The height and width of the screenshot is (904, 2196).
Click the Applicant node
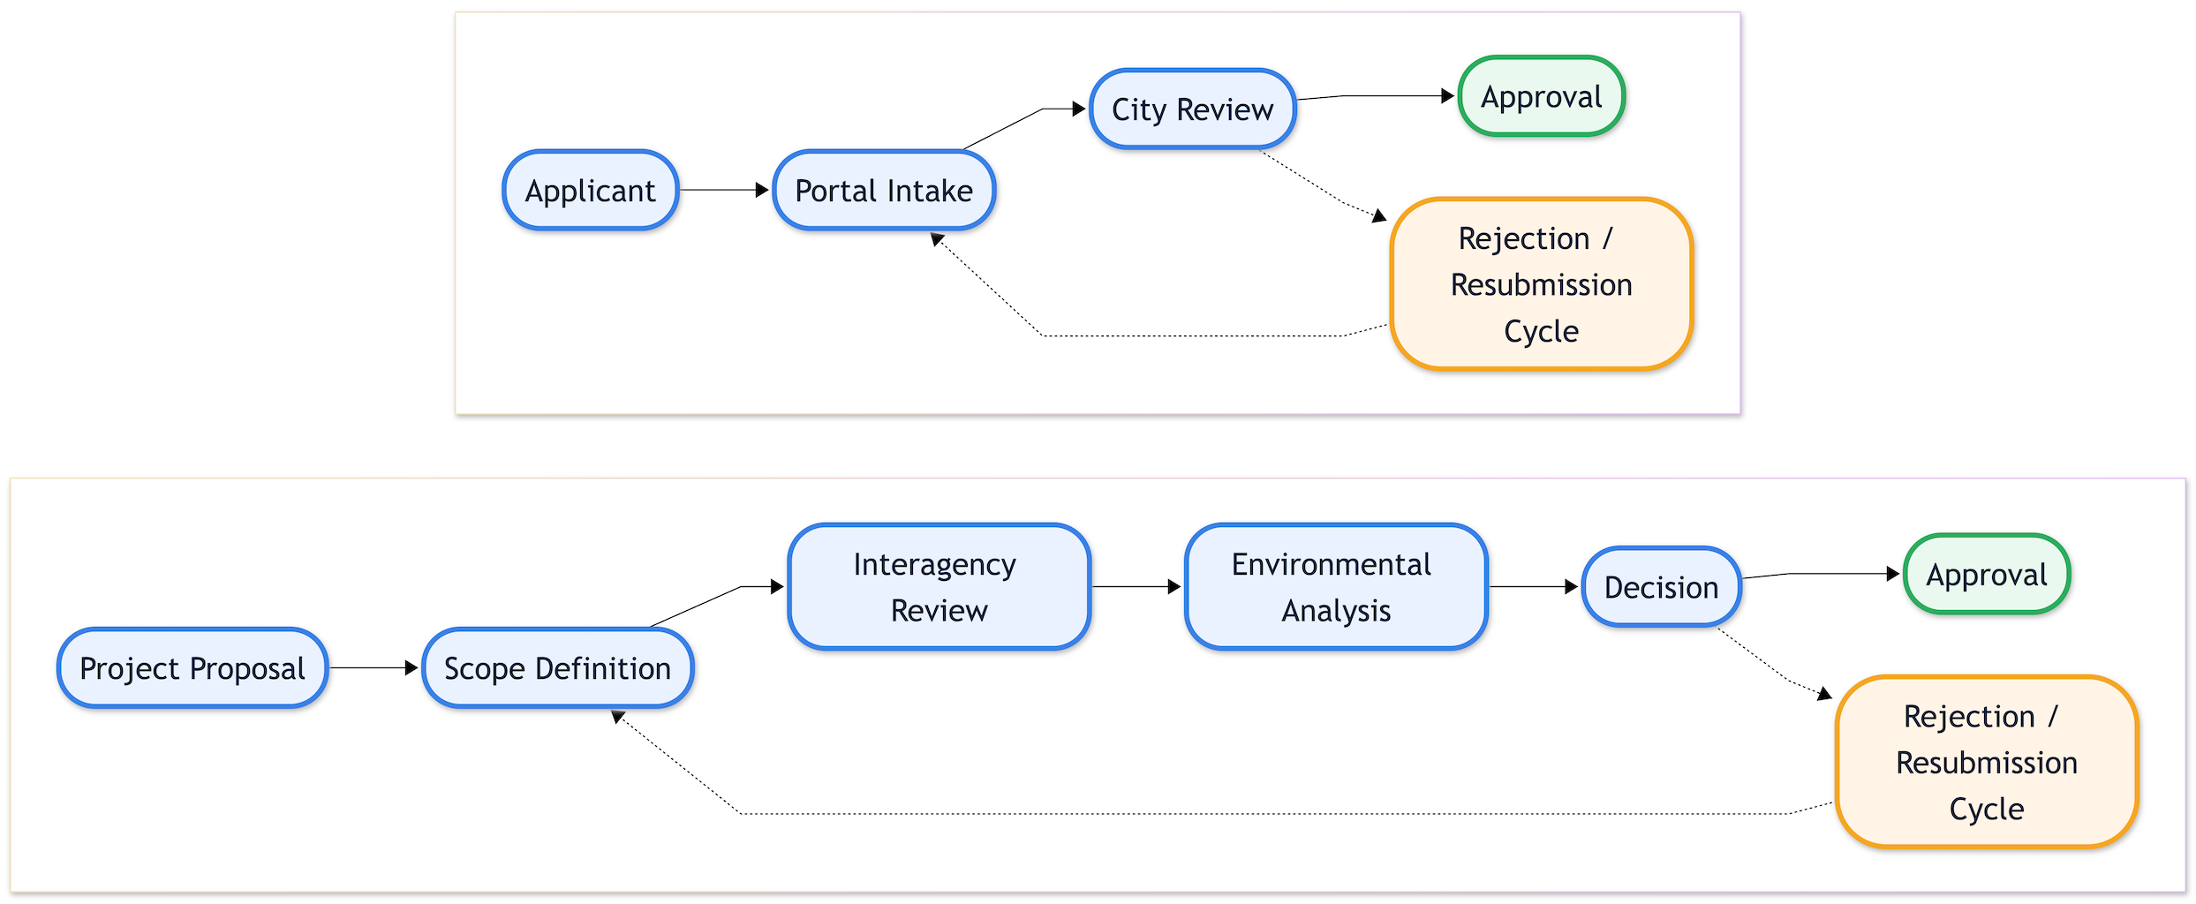590,191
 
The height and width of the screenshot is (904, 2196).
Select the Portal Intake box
883,191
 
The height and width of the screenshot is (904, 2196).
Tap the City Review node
1192,109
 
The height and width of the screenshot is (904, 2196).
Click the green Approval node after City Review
1541,96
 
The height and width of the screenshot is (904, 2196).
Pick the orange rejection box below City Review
1541,284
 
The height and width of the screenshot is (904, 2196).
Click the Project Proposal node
192,668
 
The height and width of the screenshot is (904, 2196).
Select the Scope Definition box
557,668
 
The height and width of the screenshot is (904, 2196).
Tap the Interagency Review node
939,587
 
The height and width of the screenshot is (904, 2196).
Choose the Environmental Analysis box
1336,587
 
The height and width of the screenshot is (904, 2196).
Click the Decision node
1661,587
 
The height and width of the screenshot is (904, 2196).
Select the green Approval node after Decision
1986,575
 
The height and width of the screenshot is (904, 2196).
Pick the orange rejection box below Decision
1986,762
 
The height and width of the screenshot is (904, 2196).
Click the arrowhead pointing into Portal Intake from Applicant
762,190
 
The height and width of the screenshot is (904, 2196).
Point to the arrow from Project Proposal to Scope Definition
374,668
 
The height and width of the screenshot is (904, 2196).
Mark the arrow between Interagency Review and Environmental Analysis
1136,586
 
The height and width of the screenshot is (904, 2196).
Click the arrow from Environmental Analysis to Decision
1534,586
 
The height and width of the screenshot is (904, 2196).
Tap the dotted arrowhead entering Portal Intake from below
937,238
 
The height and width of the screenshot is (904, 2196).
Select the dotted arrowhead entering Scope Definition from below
618,717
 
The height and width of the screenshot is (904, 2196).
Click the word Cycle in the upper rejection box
1541,331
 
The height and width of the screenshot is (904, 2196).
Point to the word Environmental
1331,564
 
